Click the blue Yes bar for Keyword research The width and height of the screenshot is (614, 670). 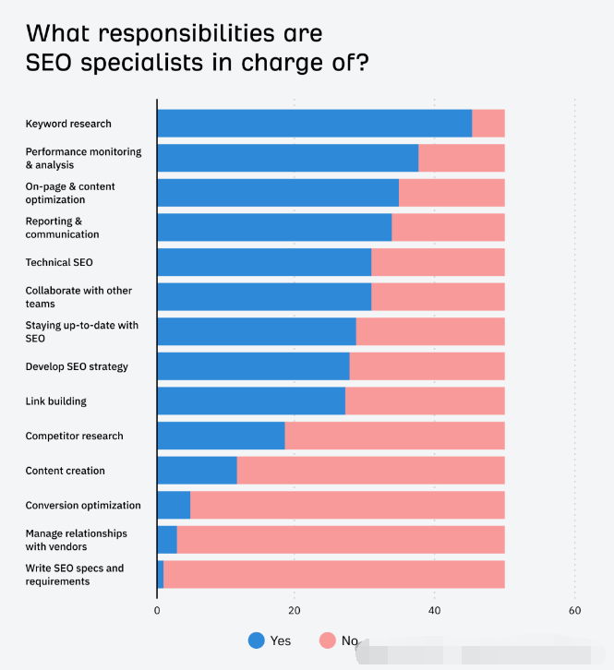point(314,123)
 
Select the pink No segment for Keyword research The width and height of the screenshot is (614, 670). point(488,123)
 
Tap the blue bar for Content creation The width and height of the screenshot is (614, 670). point(197,471)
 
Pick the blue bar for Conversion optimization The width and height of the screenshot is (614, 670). point(174,505)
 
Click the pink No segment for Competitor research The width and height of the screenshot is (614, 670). point(395,436)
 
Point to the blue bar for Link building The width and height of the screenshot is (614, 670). point(251,401)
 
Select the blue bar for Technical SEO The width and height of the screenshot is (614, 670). point(264,262)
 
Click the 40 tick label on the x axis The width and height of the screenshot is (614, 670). point(435,610)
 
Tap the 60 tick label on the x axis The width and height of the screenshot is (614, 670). point(574,610)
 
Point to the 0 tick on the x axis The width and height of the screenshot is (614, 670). point(157,610)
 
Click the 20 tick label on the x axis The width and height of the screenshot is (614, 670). point(295,610)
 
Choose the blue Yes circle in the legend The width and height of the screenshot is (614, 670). point(257,640)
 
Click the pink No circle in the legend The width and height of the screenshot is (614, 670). point(328,640)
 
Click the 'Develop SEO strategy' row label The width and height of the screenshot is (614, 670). point(77,366)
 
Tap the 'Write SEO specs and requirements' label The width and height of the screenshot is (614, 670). point(74,575)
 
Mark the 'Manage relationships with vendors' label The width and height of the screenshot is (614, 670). point(76,540)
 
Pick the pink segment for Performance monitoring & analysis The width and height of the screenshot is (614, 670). point(462,158)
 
